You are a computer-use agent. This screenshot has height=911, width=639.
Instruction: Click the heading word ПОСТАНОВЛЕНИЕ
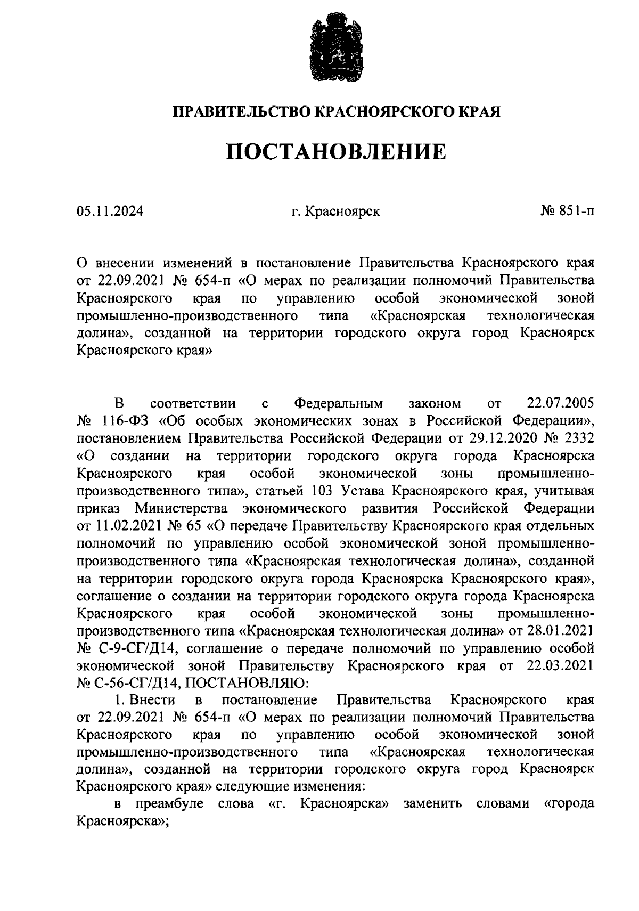pyautogui.click(x=336, y=152)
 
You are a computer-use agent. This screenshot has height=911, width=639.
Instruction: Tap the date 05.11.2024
pyautogui.click(x=110, y=212)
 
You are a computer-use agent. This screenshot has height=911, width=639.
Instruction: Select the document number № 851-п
pyautogui.click(x=567, y=212)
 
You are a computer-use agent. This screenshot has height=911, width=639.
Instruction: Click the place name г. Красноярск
pyautogui.click(x=335, y=212)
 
